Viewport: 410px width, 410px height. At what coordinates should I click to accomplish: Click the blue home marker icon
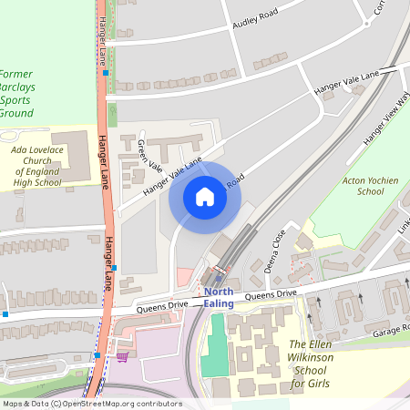pyautogui.click(x=205, y=197)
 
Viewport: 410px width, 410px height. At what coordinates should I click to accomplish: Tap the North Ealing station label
pyautogui.click(x=219, y=298)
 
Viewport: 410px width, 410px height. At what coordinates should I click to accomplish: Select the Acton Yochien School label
pyautogui.click(x=362, y=187)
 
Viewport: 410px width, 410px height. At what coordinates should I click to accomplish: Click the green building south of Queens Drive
pyautogui.click(x=215, y=347)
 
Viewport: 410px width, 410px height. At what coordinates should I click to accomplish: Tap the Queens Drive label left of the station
pyautogui.click(x=162, y=307)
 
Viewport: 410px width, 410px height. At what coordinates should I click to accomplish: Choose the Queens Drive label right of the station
pyautogui.click(x=271, y=295)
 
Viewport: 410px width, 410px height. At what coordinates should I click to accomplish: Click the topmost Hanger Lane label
pyautogui.click(x=99, y=36)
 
